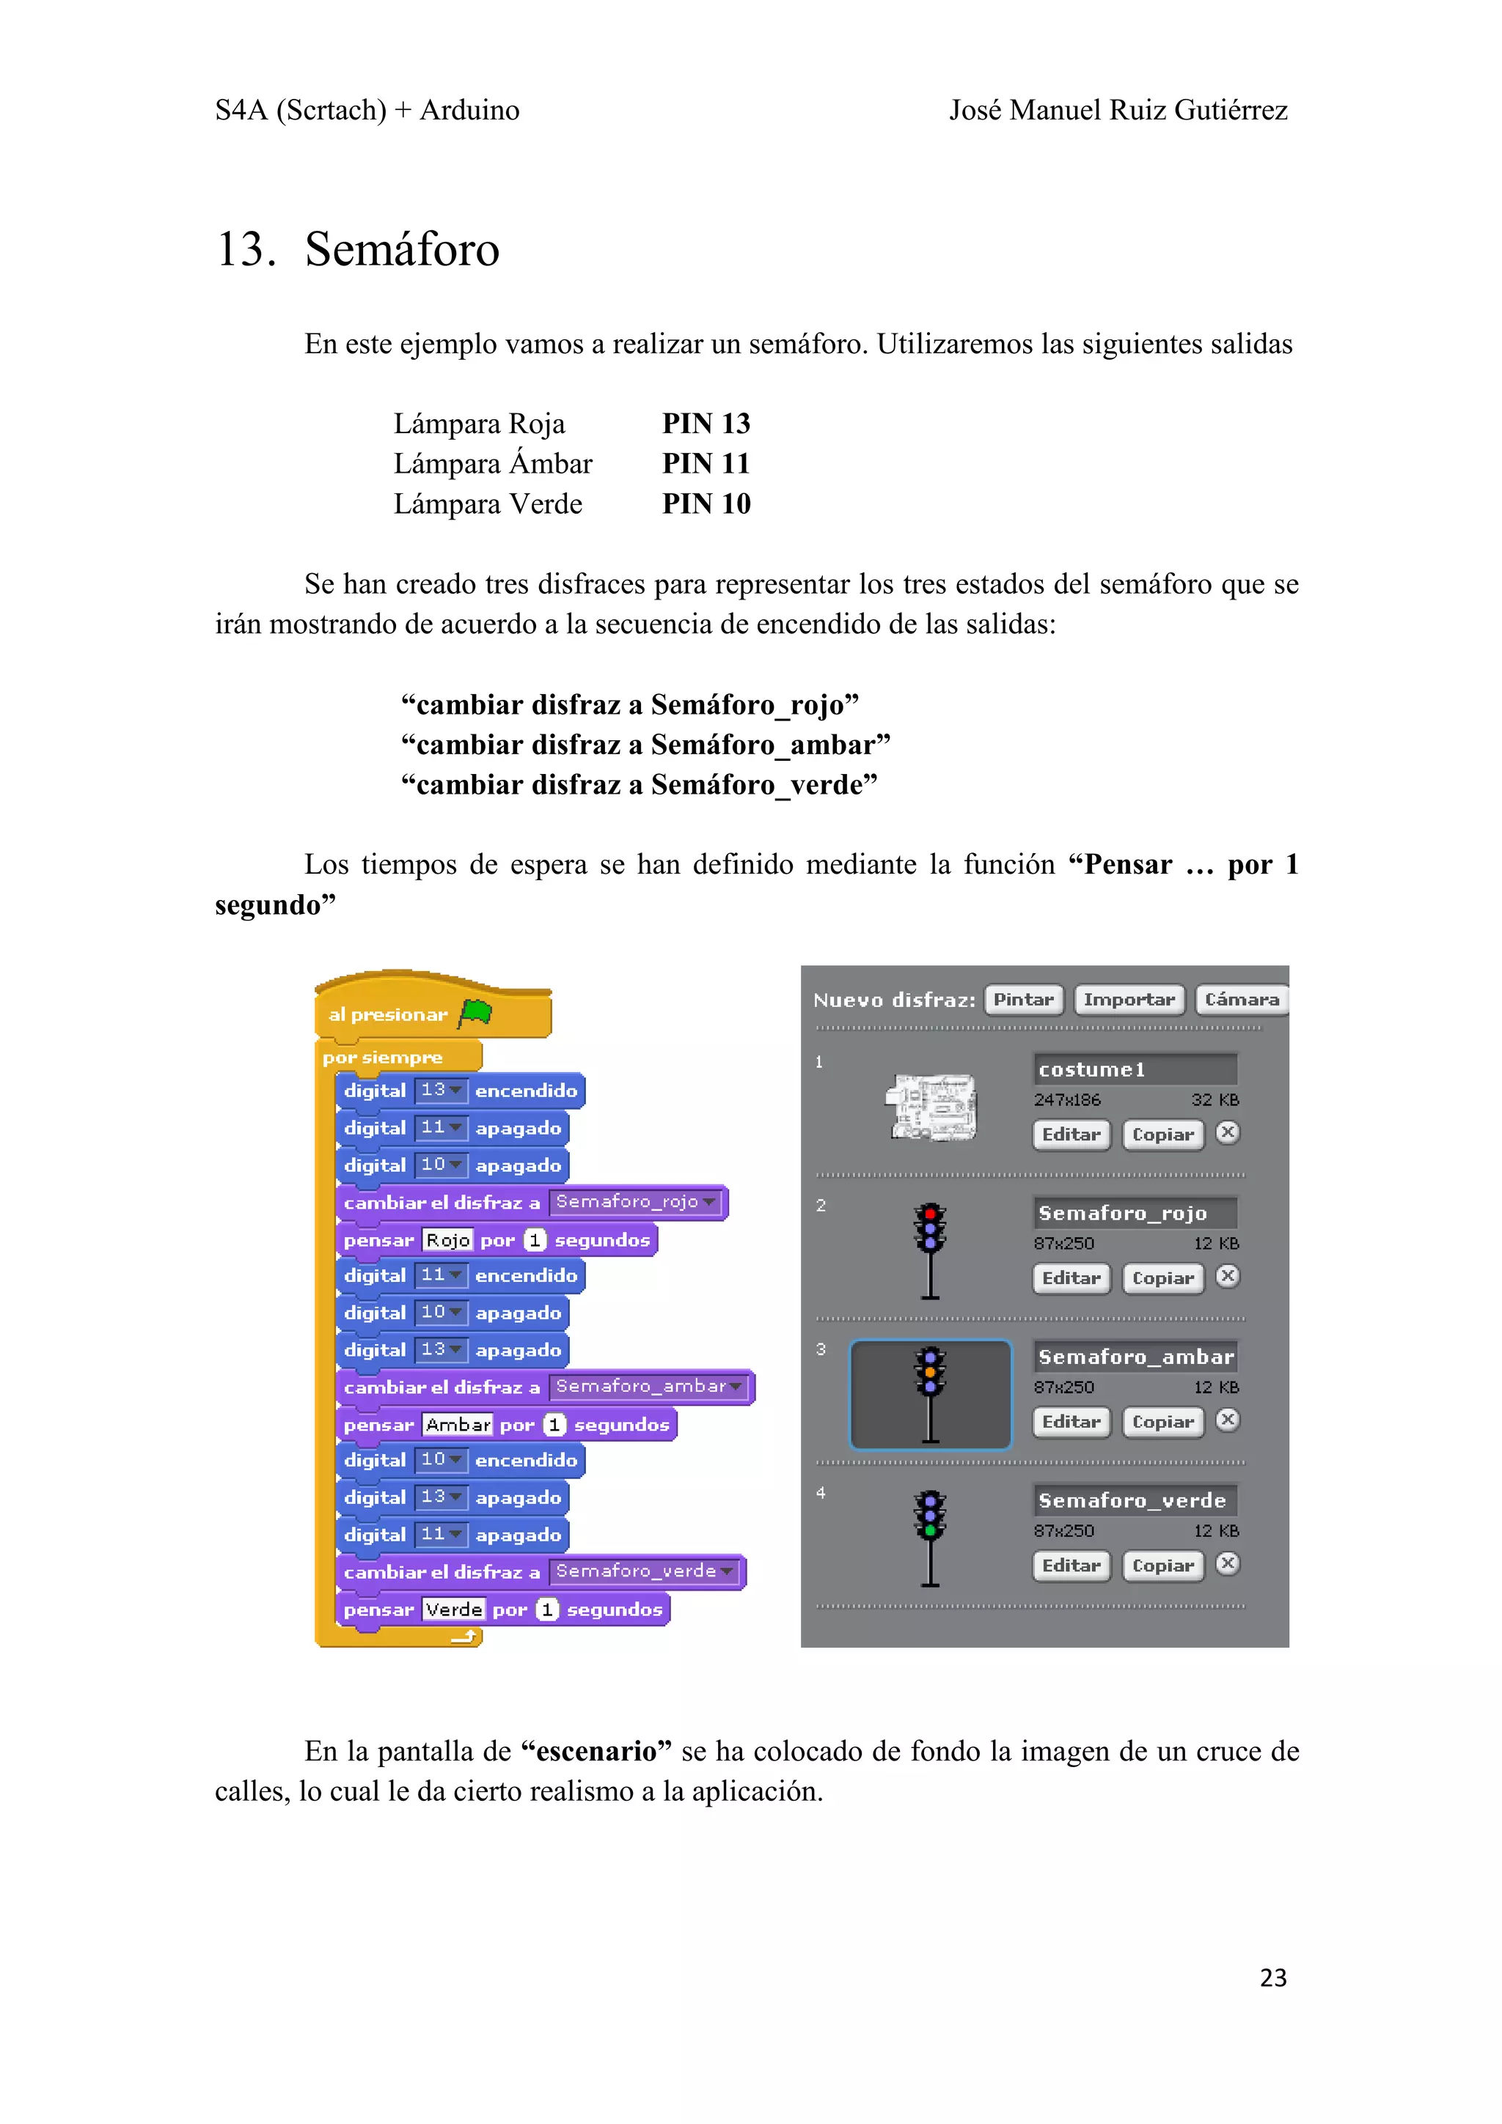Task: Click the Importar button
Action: [x=1128, y=1000]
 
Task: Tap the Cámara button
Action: [x=1241, y=1000]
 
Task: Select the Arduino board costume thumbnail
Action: [x=931, y=1107]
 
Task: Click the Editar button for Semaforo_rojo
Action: [x=1071, y=1278]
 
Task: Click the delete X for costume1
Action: [x=1227, y=1133]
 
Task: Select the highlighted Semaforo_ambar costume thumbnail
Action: [x=930, y=1394]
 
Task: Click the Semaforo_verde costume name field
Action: [x=1134, y=1500]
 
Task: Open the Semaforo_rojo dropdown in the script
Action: [x=709, y=1203]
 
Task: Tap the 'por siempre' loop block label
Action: [x=382, y=1058]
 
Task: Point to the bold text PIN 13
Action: [x=706, y=424]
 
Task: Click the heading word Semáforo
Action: [x=402, y=250]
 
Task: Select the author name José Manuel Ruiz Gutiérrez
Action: [x=1118, y=110]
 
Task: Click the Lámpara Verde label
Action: [x=488, y=504]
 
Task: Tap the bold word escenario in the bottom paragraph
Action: [x=596, y=1751]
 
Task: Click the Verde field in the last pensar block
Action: [x=453, y=1609]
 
